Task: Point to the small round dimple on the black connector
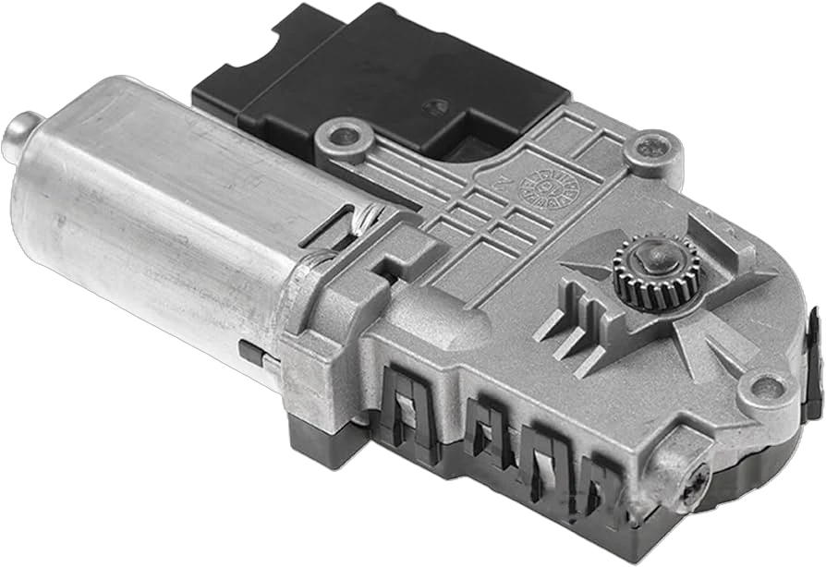tap(434, 107)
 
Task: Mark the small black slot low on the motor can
tap(248, 352)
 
